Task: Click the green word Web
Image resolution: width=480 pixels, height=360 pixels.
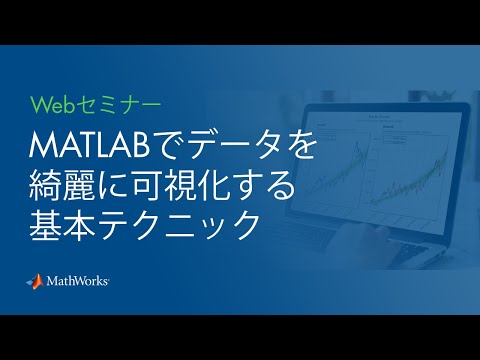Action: (x=51, y=103)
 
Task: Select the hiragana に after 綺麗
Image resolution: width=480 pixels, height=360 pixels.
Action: (x=120, y=185)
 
